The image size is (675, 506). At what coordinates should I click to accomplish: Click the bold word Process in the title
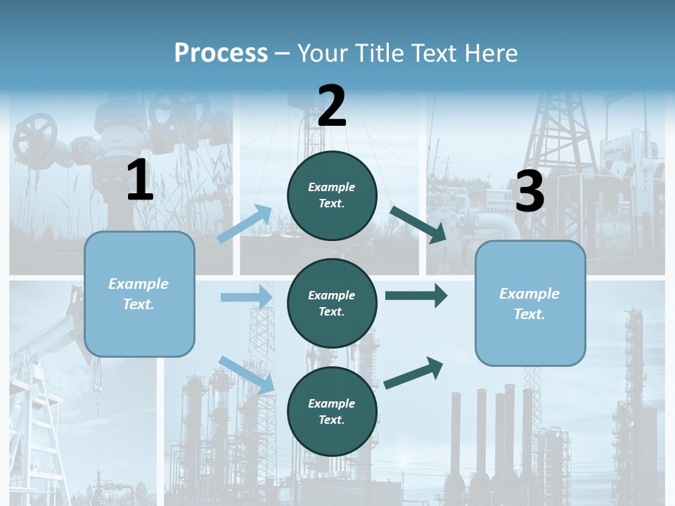(x=221, y=53)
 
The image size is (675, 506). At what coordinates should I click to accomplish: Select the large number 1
(x=140, y=181)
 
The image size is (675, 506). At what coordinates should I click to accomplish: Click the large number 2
(x=332, y=107)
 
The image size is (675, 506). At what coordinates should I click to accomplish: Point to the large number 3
(x=529, y=192)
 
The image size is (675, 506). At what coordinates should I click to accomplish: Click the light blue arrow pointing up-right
(x=245, y=223)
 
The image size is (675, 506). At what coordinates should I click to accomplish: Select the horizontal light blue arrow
(x=246, y=297)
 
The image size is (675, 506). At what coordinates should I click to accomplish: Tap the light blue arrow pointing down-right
(x=247, y=374)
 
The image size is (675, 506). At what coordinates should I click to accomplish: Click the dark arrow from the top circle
(x=418, y=225)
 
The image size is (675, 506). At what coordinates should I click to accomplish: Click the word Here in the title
(x=491, y=53)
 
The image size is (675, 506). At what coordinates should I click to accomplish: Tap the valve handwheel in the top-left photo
(x=35, y=135)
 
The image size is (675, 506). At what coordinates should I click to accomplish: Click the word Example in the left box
(x=139, y=284)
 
